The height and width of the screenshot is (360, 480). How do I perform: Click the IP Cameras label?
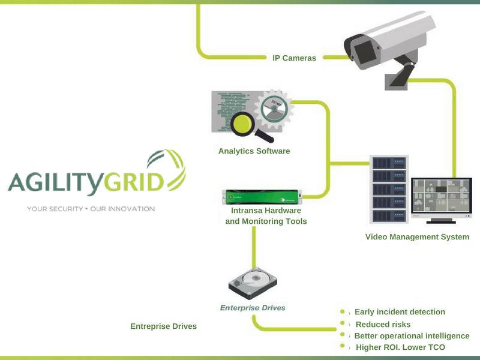point(294,58)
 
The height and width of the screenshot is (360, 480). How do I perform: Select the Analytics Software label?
point(254,151)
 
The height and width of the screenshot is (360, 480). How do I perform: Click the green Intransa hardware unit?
point(262,195)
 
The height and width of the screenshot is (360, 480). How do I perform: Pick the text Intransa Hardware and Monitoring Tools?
point(266,216)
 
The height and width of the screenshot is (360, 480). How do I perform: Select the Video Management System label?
point(417,237)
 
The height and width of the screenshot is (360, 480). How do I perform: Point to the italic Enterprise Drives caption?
point(252,308)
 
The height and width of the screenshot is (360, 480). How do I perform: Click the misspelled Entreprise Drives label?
point(163,326)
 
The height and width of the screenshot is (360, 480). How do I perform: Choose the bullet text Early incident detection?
point(400,312)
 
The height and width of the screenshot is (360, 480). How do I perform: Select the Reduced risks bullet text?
point(383,325)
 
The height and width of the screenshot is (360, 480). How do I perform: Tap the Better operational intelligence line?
point(412,336)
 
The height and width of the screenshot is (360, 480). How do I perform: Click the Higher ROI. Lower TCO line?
point(400,347)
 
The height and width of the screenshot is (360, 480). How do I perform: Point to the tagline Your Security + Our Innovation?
point(91,209)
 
